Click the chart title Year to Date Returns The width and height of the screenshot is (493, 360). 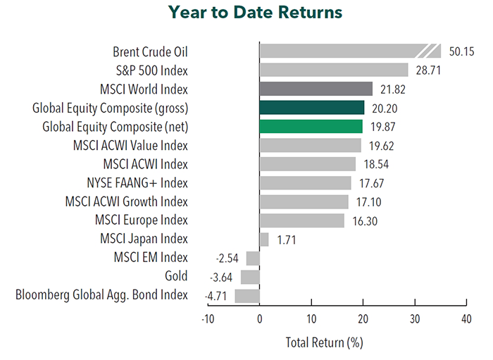pos(255,13)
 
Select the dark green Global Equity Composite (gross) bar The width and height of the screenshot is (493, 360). pos(312,108)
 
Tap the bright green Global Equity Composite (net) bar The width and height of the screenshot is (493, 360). pos(311,126)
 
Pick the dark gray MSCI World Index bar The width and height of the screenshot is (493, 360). pos(316,89)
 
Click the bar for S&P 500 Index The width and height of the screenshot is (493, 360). pos(334,70)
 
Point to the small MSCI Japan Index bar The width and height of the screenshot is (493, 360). pos(264,240)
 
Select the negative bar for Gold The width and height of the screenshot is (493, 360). pos(250,277)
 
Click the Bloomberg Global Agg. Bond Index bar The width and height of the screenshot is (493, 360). pos(247,296)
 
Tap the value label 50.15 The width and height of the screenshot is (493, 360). pos(461,51)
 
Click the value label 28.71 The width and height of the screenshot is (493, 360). pos(428,70)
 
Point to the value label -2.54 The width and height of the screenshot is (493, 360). pos(227,259)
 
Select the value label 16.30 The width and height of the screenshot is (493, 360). pos(365,221)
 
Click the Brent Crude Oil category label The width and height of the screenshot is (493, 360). pos(150,52)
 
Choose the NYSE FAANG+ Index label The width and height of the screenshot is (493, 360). pos(137,183)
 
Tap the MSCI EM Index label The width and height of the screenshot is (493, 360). pos(151,258)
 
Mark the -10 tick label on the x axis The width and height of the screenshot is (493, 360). pos(208,319)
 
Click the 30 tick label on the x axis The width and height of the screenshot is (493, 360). pos(415,319)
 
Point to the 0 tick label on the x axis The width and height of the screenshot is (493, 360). pos(260,319)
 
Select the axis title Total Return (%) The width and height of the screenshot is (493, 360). pos(324,342)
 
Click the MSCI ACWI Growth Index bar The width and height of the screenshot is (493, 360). pos(304,201)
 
